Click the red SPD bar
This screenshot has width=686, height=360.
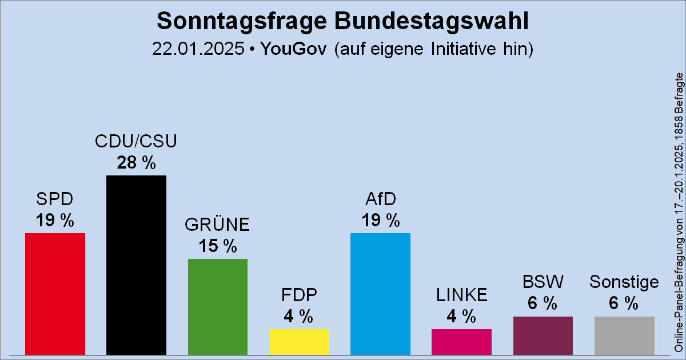[55, 294]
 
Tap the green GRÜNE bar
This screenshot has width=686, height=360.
[218, 306]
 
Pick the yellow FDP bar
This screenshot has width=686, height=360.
[299, 341]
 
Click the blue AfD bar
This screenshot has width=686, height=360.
[380, 294]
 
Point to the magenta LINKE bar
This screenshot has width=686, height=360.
[461, 341]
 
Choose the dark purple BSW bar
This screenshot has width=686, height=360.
[543, 335]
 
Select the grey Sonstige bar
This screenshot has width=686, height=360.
[624, 335]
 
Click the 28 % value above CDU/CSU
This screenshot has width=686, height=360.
[136, 163]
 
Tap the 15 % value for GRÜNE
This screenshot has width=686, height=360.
[218, 246]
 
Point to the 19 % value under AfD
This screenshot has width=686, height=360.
[380, 220]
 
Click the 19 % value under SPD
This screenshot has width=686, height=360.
[55, 220]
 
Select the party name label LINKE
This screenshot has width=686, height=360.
[461, 295]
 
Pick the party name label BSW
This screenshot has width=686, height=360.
[543, 282]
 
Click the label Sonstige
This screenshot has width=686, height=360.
[624, 282]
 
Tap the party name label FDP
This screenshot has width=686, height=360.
[299, 295]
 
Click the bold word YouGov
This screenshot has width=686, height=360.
[293, 49]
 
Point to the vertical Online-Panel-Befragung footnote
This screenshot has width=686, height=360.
[678, 211]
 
